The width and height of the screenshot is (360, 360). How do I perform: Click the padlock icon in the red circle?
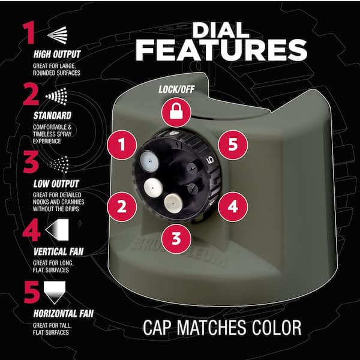pos(176,112)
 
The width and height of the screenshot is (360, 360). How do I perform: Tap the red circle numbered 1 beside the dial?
pos(122,145)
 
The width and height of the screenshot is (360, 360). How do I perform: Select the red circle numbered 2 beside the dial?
pos(122,206)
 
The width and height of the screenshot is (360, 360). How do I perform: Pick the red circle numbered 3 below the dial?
pos(176,239)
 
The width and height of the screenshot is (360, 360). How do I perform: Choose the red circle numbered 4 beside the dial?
pos(233,206)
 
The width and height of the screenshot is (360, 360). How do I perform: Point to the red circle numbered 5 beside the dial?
pos(233,145)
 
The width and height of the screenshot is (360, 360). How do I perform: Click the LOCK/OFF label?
pos(176,89)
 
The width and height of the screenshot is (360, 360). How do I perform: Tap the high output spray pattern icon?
pos(58,35)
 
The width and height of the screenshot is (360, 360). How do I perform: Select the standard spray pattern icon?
pos(56,96)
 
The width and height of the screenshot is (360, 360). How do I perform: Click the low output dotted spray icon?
pos(59,164)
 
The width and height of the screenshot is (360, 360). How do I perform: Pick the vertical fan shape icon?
pos(57,230)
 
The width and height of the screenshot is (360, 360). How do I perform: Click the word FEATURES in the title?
pos(221,50)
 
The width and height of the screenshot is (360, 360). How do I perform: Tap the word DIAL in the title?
pos(221,30)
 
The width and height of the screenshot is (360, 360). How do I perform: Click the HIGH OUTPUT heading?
pos(57,54)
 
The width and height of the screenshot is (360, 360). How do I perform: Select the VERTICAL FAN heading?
pos(59,251)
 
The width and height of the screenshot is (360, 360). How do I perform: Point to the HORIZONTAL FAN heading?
pos(64,314)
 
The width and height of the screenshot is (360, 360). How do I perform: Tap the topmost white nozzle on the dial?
pos(149,161)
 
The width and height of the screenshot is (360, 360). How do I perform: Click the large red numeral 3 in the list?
pos(31,162)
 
